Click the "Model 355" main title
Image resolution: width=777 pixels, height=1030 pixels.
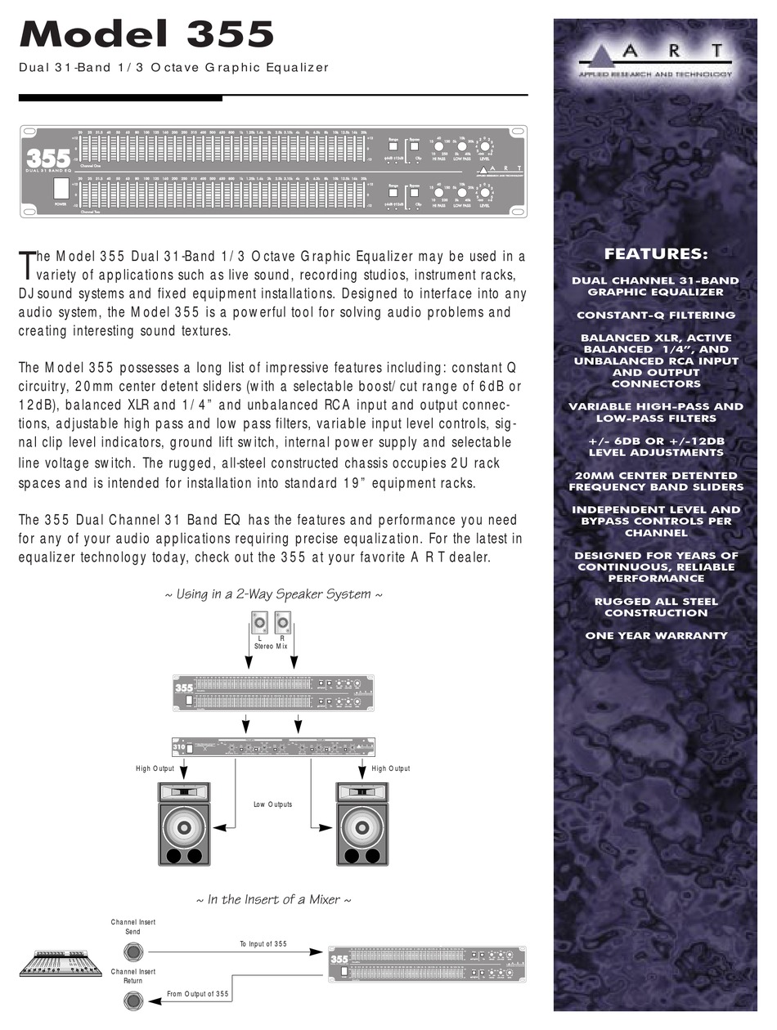(x=146, y=34)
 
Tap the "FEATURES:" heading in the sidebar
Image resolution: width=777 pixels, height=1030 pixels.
(x=656, y=254)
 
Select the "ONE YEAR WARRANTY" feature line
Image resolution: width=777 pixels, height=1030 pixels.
(x=656, y=635)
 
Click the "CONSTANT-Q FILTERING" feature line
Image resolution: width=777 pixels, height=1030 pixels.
(x=656, y=315)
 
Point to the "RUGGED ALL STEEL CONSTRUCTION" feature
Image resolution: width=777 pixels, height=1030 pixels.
(x=656, y=607)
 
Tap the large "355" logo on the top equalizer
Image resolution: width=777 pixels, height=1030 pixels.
(x=47, y=156)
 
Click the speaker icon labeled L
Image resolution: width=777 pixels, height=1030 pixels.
(x=259, y=626)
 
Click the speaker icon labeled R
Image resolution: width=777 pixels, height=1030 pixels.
(x=283, y=626)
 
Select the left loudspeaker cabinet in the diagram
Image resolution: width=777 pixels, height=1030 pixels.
(x=184, y=824)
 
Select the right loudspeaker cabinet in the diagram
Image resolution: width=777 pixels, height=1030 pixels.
(x=362, y=824)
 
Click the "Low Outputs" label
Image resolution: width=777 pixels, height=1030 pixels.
(x=272, y=804)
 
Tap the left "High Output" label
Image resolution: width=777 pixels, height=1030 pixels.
(x=155, y=768)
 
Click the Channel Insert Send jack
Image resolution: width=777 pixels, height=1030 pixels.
(x=133, y=952)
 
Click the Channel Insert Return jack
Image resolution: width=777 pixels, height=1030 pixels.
(x=133, y=1000)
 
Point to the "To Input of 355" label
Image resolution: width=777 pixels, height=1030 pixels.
(x=263, y=944)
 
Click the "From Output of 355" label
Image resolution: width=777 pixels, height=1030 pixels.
(x=198, y=994)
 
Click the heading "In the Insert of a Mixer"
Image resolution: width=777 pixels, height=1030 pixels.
(x=274, y=899)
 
